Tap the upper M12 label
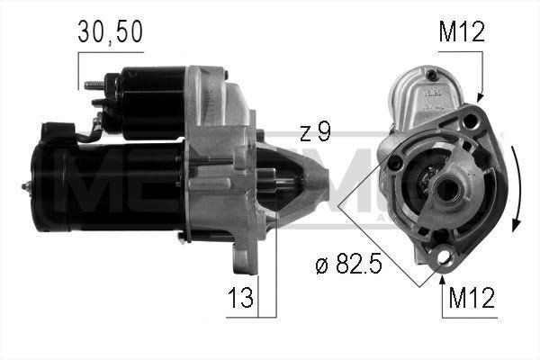point(462,33)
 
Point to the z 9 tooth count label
point(315,132)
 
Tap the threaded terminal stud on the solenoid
point(91,86)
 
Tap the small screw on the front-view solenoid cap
point(431,75)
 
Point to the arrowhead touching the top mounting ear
point(479,97)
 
